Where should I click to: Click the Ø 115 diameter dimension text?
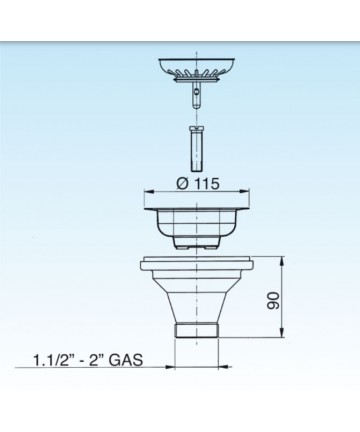pyautogui.click(x=198, y=184)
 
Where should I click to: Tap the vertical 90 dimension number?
pyautogui.click(x=274, y=300)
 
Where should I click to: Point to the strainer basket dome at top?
pyautogui.click(x=197, y=67)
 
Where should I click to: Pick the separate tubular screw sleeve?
pyautogui.click(x=197, y=147)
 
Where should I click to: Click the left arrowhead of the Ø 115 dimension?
pyautogui.click(x=148, y=192)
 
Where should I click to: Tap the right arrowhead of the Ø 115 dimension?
pyautogui.click(x=245, y=192)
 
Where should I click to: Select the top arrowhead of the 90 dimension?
pyautogui.click(x=282, y=261)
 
